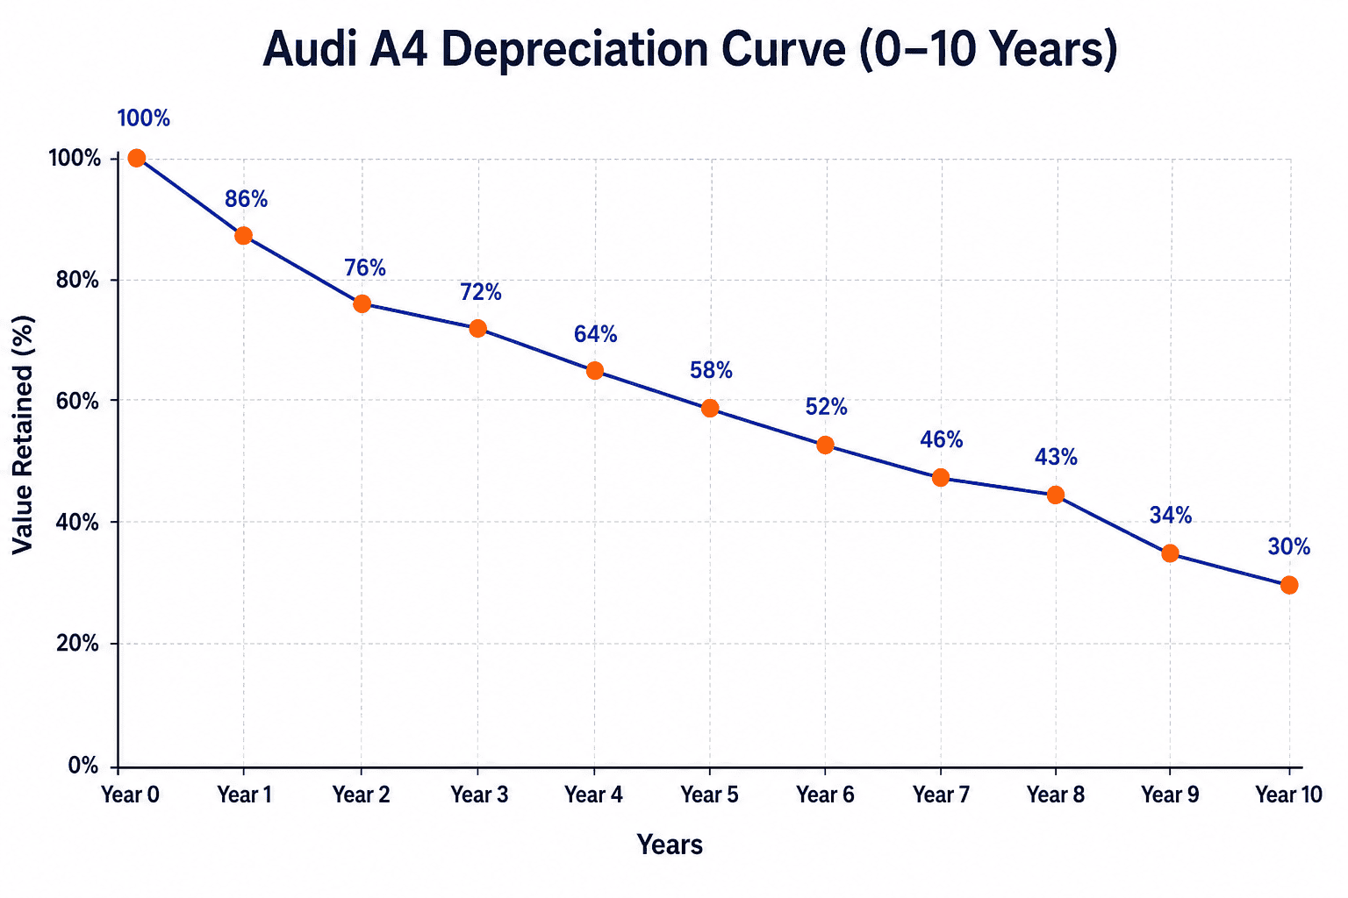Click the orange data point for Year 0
[137, 158]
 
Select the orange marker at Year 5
[710, 408]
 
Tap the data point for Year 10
[1289, 585]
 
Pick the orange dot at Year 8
[1056, 495]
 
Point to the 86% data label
[246, 199]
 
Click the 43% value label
[1056, 457]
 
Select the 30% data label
[1289, 546]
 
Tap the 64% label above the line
[595, 334]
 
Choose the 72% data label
[481, 292]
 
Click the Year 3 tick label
[480, 795]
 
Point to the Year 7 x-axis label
[941, 795]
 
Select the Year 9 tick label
[1171, 795]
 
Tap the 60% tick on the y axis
[77, 401]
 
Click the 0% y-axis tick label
[83, 766]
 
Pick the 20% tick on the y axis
[77, 644]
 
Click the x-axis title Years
[670, 845]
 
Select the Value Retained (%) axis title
[23, 435]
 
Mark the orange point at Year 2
[362, 303]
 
